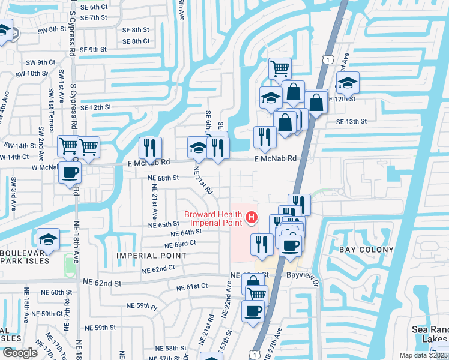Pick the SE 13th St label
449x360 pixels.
(x=351, y=121)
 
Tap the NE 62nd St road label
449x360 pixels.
(x=102, y=282)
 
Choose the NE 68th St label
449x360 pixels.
(x=164, y=178)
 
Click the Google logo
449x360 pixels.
(x=20, y=353)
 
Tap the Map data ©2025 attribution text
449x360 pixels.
(x=424, y=355)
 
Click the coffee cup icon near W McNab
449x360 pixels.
(x=70, y=173)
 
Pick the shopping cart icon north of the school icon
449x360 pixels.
(x=280, y=68)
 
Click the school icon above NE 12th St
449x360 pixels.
(x=347, y=83)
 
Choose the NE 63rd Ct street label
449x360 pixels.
(x=180, y=244)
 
